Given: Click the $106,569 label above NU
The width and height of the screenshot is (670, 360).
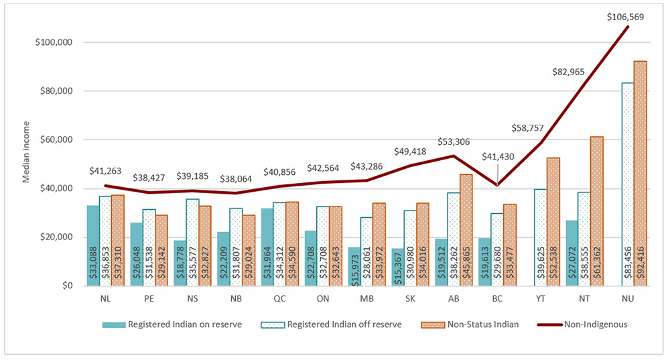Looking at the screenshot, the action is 625,17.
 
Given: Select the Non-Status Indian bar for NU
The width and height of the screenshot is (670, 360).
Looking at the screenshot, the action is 640,173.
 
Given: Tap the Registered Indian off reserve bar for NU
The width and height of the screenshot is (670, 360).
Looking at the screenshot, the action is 628,184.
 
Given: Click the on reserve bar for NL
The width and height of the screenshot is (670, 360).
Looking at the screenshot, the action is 93,245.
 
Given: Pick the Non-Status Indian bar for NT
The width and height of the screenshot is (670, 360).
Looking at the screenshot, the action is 596,211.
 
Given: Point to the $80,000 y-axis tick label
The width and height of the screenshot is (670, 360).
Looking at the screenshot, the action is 54,91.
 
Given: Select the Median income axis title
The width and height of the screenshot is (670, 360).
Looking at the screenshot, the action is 27,152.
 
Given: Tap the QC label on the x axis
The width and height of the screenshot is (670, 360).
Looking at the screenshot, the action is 279,299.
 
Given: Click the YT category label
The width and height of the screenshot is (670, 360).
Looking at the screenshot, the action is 541,299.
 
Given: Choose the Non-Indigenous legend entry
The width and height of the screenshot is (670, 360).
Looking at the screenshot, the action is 582,324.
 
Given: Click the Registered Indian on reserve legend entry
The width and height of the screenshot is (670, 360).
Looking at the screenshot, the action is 172,324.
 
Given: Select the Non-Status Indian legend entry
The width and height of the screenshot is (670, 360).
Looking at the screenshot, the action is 470,324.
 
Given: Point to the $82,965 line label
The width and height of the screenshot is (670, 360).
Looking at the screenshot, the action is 568,72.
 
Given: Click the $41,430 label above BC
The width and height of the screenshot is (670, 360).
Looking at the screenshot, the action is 498,156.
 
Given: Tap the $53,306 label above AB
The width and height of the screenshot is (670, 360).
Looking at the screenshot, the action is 454,141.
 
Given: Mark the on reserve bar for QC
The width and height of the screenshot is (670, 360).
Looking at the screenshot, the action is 267,247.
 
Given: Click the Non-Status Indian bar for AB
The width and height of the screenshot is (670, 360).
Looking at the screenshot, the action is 466,230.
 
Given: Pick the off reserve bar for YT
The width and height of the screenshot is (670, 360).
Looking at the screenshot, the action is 541,238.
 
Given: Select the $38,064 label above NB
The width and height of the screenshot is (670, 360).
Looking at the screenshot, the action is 237,179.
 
